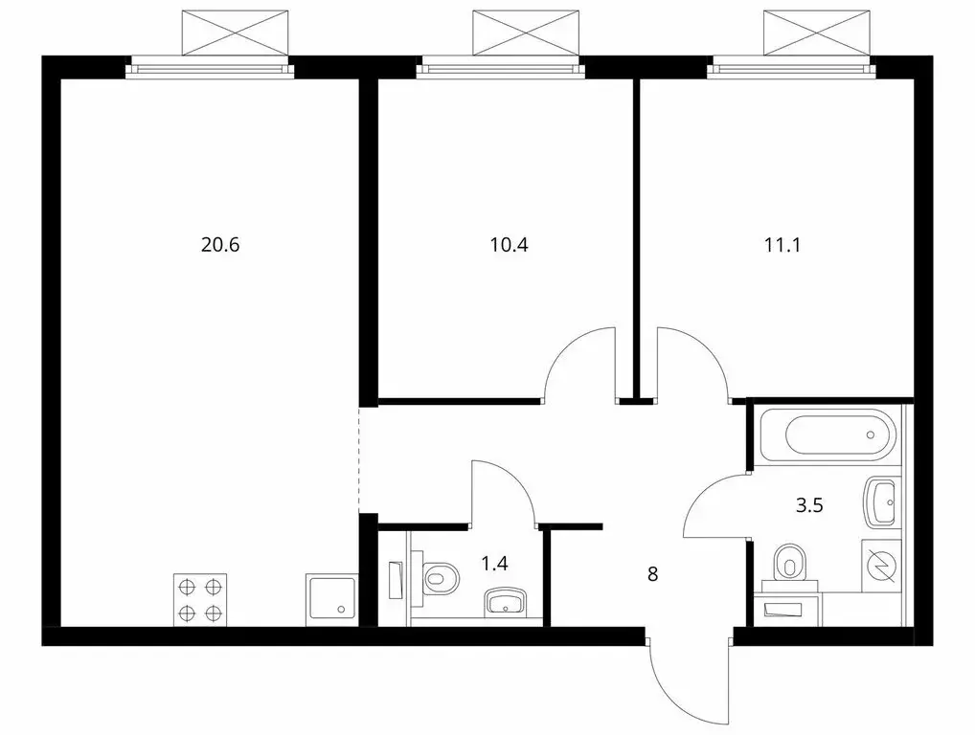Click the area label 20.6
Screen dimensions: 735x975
pos(219,244)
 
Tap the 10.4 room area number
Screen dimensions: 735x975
pos(509,244)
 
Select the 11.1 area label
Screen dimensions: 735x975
pos(782,244)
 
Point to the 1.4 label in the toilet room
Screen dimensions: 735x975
pos(494,563)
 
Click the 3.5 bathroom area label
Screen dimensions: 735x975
pos(810,504)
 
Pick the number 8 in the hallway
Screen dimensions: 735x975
pos(652,574)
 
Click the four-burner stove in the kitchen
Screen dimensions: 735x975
pos(200,599)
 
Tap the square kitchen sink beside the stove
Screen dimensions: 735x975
pos(330,599)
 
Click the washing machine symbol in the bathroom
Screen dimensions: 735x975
pos(882,566)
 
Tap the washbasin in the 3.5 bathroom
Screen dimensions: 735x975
pos(881,500)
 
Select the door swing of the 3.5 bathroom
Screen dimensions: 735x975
pos(716,507)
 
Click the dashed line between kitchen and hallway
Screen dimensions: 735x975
pos(359,459)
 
